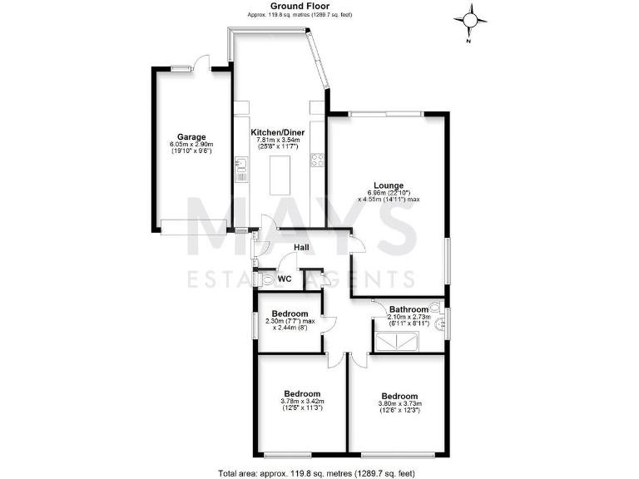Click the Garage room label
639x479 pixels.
191,137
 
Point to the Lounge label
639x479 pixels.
389,185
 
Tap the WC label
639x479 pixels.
285,279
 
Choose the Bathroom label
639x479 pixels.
409,309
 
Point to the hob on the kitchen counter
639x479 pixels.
316,160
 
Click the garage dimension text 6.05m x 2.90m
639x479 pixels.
191,146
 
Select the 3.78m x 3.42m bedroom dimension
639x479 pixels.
302,402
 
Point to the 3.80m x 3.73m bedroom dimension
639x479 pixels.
399,404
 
